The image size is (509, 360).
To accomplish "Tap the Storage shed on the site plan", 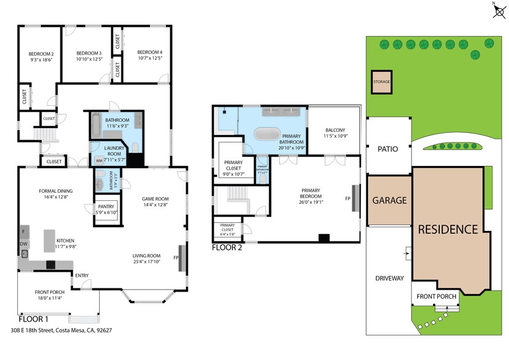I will pos(382,81).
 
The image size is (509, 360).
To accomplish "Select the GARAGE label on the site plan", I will pos(389,200).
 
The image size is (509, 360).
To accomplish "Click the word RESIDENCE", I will pos(447,230).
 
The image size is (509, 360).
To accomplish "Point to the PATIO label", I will pos(388,149).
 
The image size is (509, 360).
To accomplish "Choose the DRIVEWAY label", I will pos(390,279).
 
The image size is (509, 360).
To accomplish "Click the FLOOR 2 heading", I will pos(227,248).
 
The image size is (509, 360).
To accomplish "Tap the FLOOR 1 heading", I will pos(33,318).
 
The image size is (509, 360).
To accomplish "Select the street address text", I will pos(61,330).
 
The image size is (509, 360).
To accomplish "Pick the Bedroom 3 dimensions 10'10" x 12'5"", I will pos(88,59).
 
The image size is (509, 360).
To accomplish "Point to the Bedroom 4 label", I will pos(149,52).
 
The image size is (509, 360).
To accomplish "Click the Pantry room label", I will pos(106,207).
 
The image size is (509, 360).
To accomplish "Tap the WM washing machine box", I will pos(99,160).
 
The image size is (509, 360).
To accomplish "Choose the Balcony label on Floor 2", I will pos(335,130).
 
